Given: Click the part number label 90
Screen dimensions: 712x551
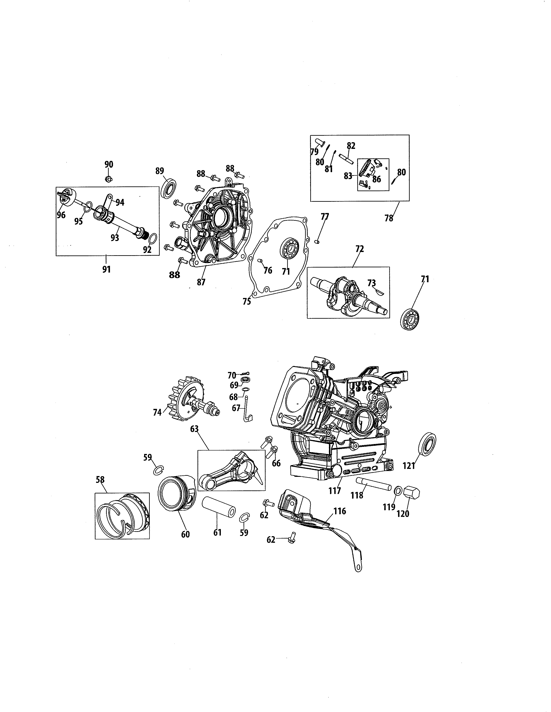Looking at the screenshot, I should coord(109,164).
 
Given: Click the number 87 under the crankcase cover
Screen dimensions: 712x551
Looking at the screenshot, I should coord(201,282).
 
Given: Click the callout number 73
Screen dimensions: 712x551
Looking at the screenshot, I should coord(371,283).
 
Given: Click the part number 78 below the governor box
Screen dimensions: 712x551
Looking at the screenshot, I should coord(389,218).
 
